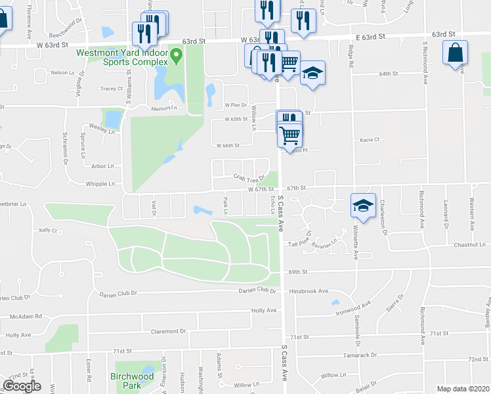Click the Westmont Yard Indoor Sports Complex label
pos(122,57)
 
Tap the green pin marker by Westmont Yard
pos(177,56)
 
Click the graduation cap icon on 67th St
pos(362,205)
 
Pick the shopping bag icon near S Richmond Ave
pos(455,53)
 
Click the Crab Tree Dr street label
pos(249,177)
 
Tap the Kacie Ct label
pos(370,139)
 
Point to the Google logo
pos(22,386)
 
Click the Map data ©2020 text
pos(463,389)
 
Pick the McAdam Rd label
pos(26,316)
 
